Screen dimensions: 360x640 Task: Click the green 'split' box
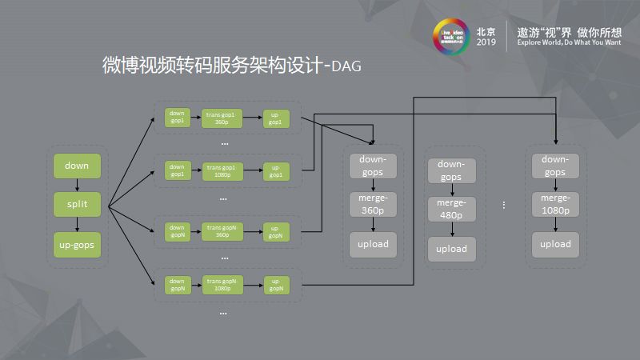tap(78, 204)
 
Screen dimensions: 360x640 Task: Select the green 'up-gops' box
tap(78, 242)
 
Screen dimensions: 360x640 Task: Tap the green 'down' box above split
tap(78, 166)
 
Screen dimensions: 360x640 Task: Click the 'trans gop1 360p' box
tap(222, 118)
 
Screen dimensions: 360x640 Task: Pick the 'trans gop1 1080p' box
tap(222, 170)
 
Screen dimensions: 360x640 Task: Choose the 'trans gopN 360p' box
tap(222, 231)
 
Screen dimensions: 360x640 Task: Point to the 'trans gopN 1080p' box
tap(222, 284)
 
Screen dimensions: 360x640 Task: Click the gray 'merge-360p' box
tap(373, 204)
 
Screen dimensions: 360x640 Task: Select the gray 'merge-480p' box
tap(451, 209)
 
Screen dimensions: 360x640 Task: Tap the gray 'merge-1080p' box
tap(555, 204)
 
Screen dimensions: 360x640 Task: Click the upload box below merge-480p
tap(451, 248)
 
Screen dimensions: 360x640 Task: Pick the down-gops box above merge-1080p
tap(555, 166)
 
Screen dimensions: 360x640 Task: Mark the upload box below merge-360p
tap(373, 243)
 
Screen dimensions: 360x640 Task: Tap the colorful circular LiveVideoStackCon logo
tap(450, 37)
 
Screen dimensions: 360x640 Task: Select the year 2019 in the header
tap(486, 42)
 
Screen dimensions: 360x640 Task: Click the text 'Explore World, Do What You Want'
tap(569, 42)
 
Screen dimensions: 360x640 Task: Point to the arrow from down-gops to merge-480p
tap(451, 189)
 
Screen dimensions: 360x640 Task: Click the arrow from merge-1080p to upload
tap(555, 224)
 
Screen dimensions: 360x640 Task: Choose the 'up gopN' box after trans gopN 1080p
tap(276, 284)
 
